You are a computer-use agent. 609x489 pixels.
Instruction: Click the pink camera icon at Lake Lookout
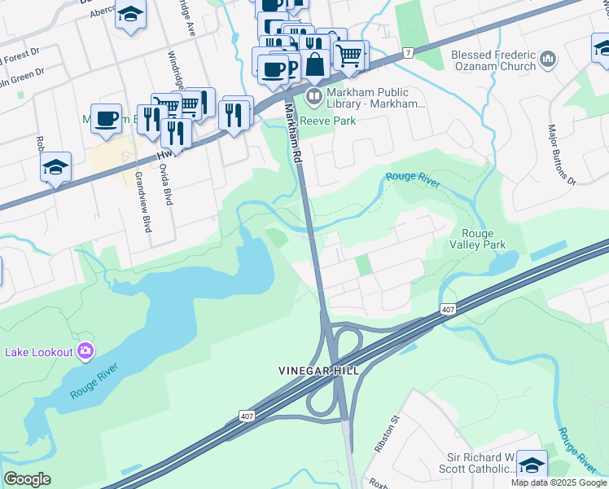click(85, 352)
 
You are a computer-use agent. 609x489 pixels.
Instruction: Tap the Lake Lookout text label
click(40, 352)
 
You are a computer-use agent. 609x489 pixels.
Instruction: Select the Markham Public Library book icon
click(313, 97)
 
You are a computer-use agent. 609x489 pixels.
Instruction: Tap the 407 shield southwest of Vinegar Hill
click(247, 416)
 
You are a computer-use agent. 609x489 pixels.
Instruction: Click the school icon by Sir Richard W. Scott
click(531, 465)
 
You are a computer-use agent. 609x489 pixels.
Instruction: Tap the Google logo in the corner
click(27, 479)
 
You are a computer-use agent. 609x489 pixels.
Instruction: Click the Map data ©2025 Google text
click(558, 482)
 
